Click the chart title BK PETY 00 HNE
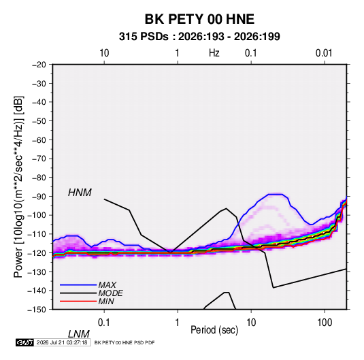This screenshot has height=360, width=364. pos(199,19)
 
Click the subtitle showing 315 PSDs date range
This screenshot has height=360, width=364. pos(199,37)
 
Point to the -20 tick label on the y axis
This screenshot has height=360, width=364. pos(39,65)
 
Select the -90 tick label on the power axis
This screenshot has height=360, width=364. pos(39,196)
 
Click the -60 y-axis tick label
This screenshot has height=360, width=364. pos(39,140)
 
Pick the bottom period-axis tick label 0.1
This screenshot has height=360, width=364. pos(104,323)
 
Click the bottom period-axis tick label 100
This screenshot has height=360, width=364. pos(325,323)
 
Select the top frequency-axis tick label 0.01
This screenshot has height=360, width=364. pos(324,53)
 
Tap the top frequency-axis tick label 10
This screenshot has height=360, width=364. pos(104,53)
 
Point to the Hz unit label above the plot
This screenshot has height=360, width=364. pos(214,53)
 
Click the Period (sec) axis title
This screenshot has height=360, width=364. pos(214,330)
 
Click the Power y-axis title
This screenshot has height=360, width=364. pos(18,187)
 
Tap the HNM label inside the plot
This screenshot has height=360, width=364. pos(80,193)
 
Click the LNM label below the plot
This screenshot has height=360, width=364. pos(79,334)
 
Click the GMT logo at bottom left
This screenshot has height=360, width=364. pos(24,342)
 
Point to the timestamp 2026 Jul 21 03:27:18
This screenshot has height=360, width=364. pos(62,342)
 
